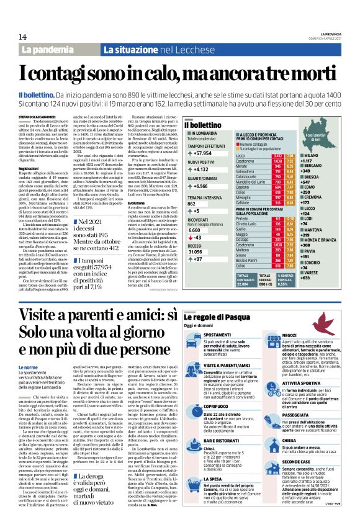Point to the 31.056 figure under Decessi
(196, 252)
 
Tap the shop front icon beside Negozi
(271, 336)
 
